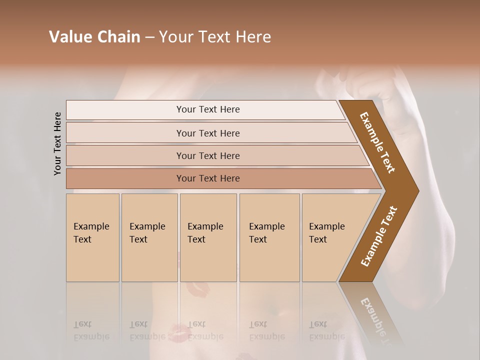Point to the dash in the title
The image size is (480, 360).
pos(149,37)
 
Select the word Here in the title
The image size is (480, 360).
pos(253,37)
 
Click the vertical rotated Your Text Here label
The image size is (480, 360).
pos(57,143)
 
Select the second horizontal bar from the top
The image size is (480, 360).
pos(208,133)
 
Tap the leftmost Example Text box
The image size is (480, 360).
pos(92,237)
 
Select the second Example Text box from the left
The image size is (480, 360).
pos(149,237)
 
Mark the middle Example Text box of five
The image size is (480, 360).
pos(208,237)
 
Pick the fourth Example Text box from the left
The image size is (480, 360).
pos(269,237)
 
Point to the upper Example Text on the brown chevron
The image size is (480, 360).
pos(377,142)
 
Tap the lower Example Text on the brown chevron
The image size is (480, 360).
pos(378,236)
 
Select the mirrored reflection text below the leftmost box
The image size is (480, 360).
pos(91,330)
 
